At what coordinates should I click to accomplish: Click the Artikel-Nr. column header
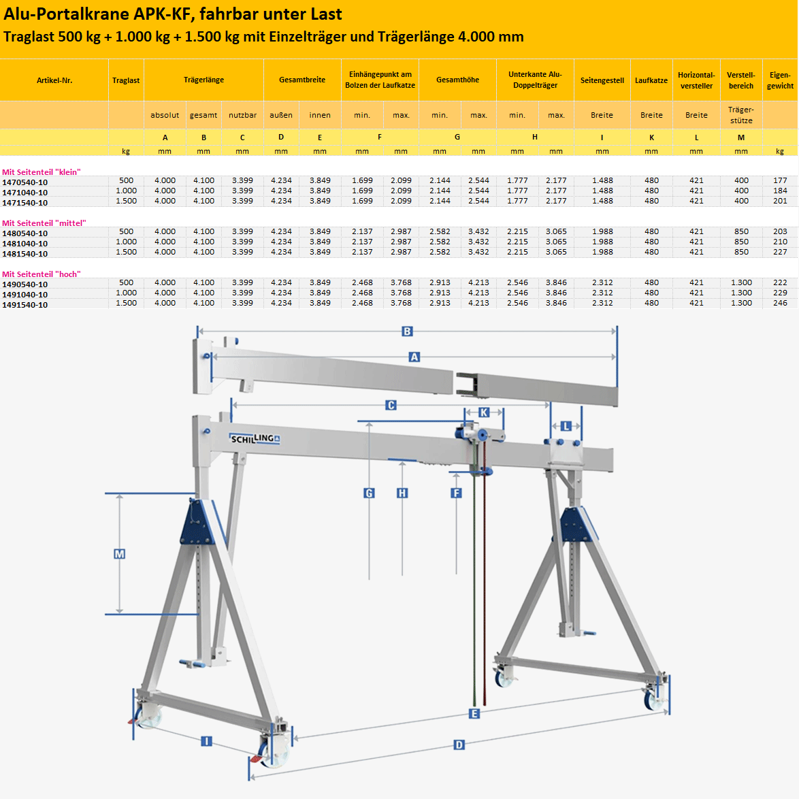pos(54,80)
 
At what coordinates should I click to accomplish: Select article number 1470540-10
pos(25,182)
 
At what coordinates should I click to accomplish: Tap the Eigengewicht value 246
pos(780,303)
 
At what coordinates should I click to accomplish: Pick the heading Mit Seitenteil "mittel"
pos(44,223)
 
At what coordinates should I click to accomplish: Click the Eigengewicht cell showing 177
pos(780,180)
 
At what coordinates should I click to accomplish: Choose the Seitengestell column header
pos(602,80)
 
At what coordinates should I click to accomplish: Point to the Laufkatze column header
pos(651,80)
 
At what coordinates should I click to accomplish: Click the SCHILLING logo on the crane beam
pos(255,439)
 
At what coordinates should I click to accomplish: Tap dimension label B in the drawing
pos(407,331)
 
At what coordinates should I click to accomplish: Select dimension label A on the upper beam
pos(414,357)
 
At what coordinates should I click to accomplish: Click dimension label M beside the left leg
pos(120,554)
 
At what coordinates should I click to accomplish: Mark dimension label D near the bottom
pos(459,745)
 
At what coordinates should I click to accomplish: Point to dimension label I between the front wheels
pos(206,741)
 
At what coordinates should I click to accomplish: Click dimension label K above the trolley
pos(484,412)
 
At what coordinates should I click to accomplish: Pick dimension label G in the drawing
pos(369,493)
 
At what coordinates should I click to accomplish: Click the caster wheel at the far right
pos(654,698)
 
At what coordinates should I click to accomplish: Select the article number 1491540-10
pos(25,305)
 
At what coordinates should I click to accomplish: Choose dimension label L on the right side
pos(566,426)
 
